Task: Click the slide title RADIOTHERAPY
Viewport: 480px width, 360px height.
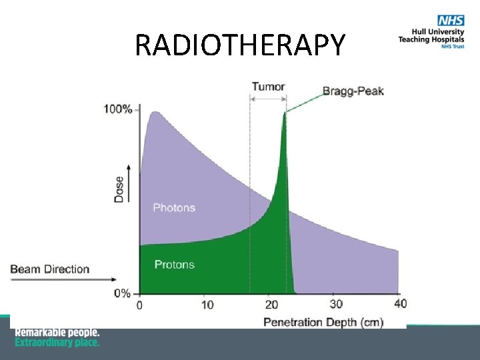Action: (x=240, y=45)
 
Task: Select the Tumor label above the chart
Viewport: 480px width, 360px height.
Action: (x=268, y=87)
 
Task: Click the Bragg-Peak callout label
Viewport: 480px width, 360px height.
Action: (x=353, y=91)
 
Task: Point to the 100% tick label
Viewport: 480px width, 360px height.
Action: (x=117, y=109)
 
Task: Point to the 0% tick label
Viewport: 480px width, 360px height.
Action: (x=122, y=293)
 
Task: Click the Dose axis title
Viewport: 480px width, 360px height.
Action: (x=119, y=189)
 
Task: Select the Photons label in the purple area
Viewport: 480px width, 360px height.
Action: (x=174, y=207)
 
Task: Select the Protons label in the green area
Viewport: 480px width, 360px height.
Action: (x=174, y=265)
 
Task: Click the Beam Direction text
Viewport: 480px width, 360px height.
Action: (x=50, y=269)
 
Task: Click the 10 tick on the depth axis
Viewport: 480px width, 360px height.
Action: (x=207, y=305)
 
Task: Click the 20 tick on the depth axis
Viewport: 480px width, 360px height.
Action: (x=271, y=305)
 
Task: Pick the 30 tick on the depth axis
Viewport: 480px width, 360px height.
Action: (x=336, y=304)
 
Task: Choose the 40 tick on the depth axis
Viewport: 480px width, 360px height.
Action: (x=399, y=304)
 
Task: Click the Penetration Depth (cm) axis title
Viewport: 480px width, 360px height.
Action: (x=323, y=322)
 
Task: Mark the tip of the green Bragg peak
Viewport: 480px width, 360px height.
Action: (x=285, y=113)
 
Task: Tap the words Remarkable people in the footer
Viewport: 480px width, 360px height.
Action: (x=57, y=332)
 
